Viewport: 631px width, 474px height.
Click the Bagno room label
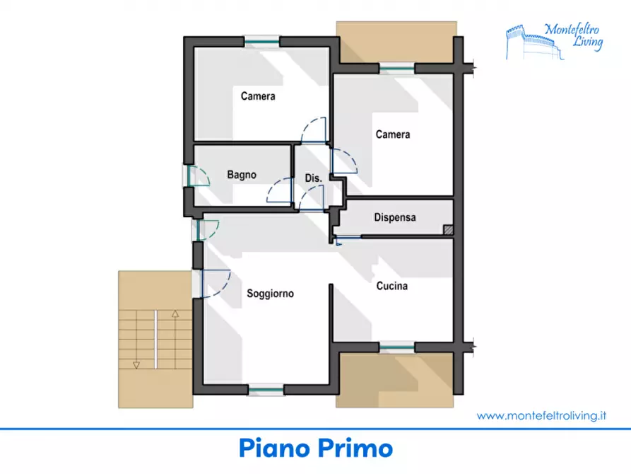coord(242,175)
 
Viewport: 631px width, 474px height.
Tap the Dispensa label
coord(395,218)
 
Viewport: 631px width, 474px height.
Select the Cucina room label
coord(392,286)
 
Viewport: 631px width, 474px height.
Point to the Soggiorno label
coord(270,294)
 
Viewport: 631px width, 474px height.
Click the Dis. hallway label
coord(314,178)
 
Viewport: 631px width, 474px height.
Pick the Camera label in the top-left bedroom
coord(258,96)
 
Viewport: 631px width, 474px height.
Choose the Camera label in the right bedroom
coord(393,134)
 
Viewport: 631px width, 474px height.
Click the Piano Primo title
coord(315,449)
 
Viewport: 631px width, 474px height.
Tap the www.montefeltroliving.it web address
coord(541,415)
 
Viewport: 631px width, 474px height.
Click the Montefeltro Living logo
coord(555,42)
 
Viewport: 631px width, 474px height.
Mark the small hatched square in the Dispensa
coord(448,229)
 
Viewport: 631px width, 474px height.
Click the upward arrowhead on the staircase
coord(175,313)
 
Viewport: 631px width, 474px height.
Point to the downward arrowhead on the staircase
coord(136,365)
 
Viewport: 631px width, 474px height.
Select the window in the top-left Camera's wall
coord(262,41)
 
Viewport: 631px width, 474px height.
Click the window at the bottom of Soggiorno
coord(266,390)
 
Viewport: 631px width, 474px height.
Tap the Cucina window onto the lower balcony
coord(397,347)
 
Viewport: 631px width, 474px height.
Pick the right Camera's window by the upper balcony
coord(397,68)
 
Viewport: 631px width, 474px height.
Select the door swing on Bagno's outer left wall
coord(199,175)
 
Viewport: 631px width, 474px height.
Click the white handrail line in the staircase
coord(155,340)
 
